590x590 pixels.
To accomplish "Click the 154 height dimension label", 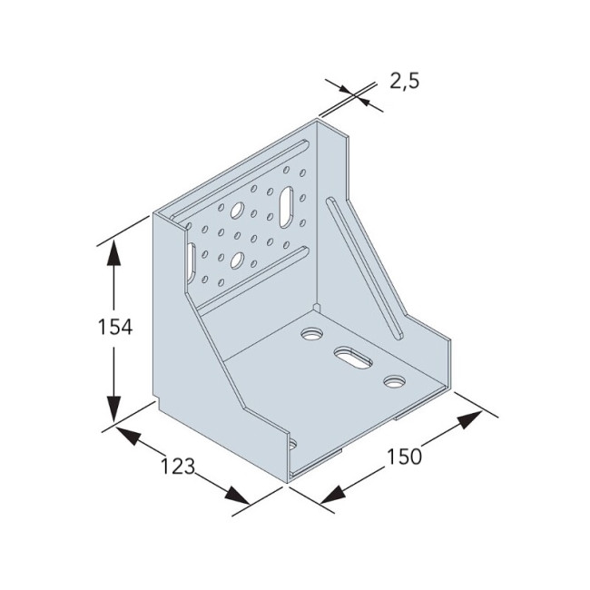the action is coord(115,327).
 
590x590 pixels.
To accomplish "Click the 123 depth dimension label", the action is coord(178,467).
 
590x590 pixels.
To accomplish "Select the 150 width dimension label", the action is coord(405,457).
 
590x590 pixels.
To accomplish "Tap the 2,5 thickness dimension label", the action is coord(404,81).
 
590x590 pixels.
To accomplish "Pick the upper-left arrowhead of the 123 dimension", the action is coord(128,436).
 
